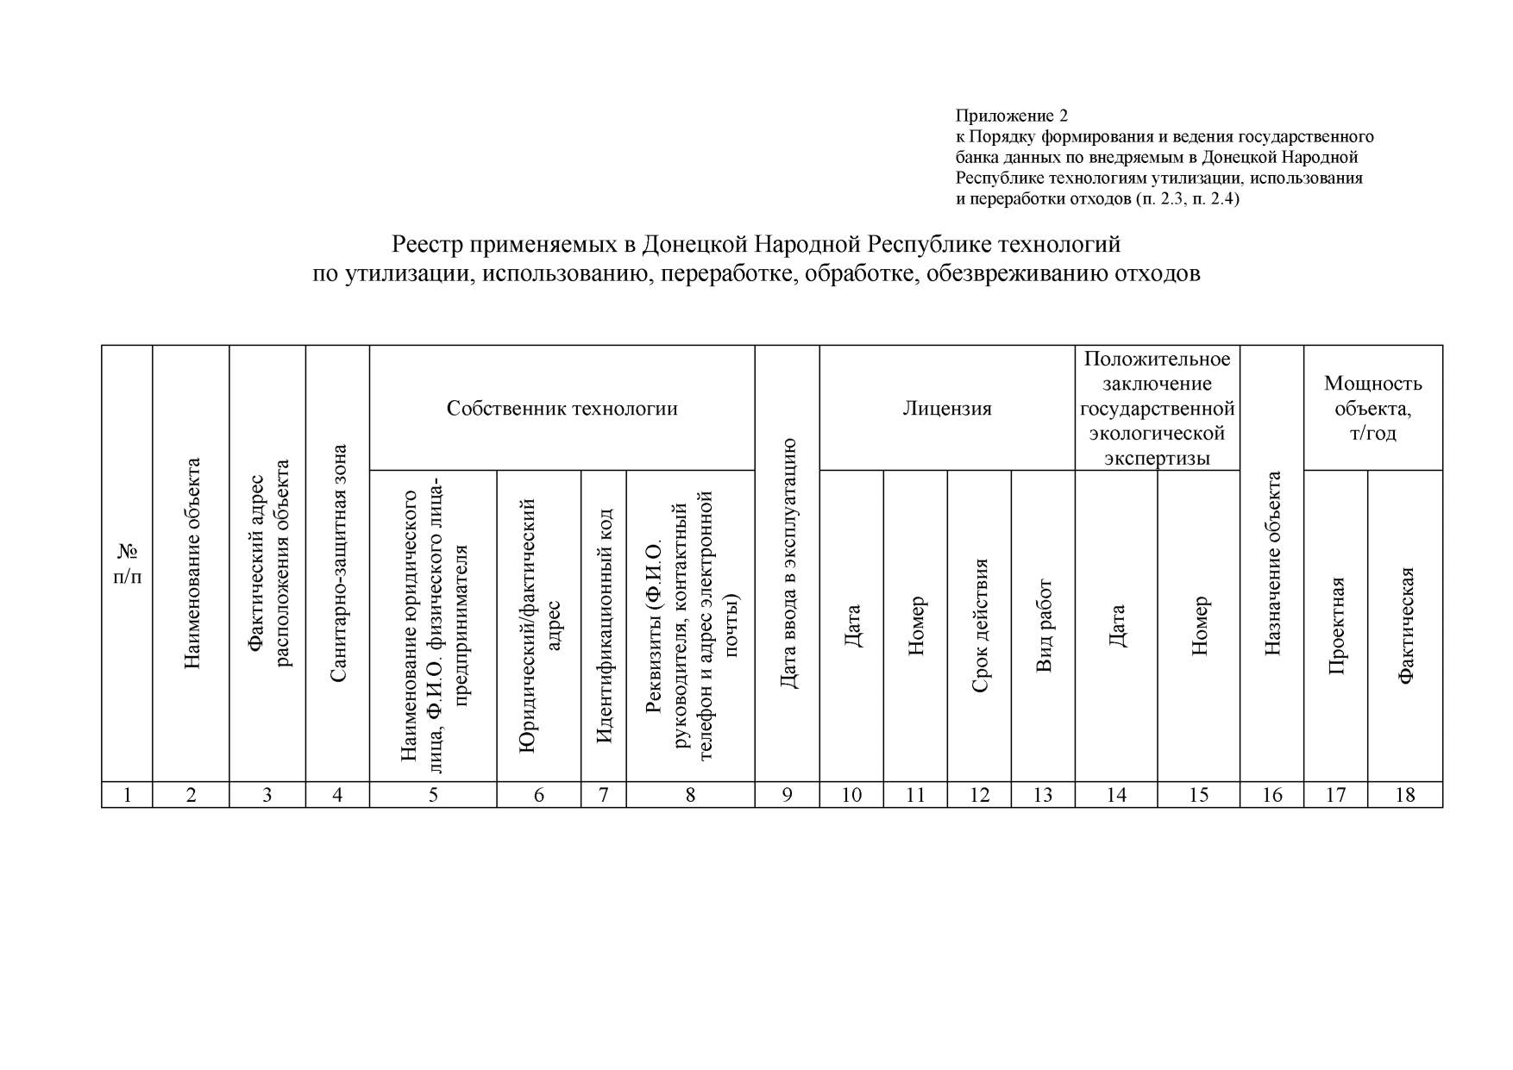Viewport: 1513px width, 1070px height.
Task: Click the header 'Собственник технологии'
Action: pyautogui.click(x=562, y=408)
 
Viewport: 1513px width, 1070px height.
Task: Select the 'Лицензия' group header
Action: pyautogui.click(x=947, y=408)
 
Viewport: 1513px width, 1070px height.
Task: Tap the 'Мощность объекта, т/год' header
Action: pyautogui.click(x=1372, y=408)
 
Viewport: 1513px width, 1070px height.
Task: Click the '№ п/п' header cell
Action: pyautogui.click(x=127, y=563)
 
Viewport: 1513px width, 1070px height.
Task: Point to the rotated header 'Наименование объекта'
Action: pyautogui.click(x=191, y=563)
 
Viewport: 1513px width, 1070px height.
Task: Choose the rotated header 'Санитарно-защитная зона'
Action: pyautogui.click(x=338, y=563)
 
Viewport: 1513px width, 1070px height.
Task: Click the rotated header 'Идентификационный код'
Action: pyautogui.click(x=604, y=626)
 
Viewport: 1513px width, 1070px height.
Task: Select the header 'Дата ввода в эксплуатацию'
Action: pyautogui.click(x=787, y=563)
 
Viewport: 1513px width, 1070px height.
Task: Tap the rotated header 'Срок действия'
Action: pyautogui.click(x=979, y=626)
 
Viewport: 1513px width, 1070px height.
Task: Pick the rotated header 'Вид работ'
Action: pyautogui.click(x=1044, y=626)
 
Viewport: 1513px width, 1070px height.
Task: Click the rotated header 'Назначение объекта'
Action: pyautogui.click(x=1272, y=563)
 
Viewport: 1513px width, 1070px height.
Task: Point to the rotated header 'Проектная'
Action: pyautogui.click(x=1336, y=626)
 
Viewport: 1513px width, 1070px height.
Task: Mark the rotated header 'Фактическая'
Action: pyautogui.click(x=1405, y=626)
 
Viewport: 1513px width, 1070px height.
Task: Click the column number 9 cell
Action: pyautogui.click(x=787, y=795)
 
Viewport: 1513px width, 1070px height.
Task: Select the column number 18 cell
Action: pyautogui.click(x=1405, y=795)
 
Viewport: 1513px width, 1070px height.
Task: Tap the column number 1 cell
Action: pyautogui.click(x=127, y=795)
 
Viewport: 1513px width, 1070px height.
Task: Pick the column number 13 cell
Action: pyautogui.click(x=1043, y=795)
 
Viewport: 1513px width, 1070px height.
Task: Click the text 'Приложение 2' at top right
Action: pyautogui.click(x=1011, y=116)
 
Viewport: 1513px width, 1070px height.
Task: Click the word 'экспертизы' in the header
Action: pyautogui.click(x=1157, y=458)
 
